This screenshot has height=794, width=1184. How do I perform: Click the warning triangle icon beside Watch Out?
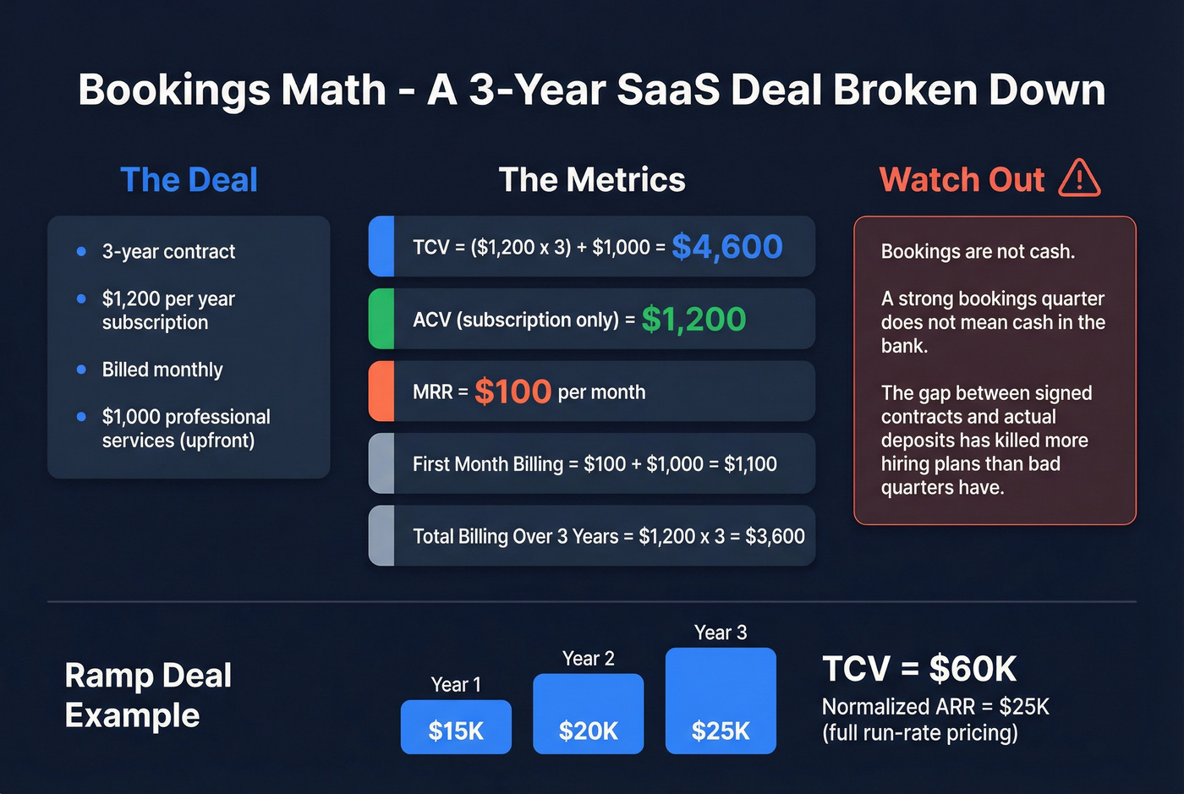pyautogui.click(x=1079, y=178)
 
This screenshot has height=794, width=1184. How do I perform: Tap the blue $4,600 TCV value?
pyautogui.click(x=727, y=247)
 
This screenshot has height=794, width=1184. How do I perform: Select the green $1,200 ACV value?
pyautogui.click(x=693, y=320)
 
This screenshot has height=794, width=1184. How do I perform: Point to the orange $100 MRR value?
pyautogui.click(x=513, y=392)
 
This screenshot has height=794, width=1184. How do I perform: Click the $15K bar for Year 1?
pyautogui.click(x=456, y=726)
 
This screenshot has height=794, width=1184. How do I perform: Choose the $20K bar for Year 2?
pyautogui.click(x=588, y=714)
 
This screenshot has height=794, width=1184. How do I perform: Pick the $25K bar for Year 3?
pyautogui.click(x=721, y=701)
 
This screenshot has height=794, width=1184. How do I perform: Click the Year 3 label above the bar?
pyautogui.click(x=721, y=632)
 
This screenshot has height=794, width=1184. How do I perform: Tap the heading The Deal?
pyautogui.click(x=189, y=180)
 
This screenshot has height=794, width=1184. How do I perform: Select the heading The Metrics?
pyautogui.click(x=592, y=180)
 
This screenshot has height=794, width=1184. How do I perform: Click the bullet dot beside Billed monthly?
pyautogui.click(x=81, y=370)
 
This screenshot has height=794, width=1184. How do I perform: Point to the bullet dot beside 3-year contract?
pyautogui.click(x=81, y=251)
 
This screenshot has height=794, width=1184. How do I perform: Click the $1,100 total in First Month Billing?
pyautogui.click(x=750, y=464)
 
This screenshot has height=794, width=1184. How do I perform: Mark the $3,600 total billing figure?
pyautogui.click(x=775, y=536)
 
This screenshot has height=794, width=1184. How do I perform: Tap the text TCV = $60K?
pyautogui.click(x=919, y=669)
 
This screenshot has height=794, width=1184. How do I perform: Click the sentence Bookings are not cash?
pyautogui.click(x=978, y=251)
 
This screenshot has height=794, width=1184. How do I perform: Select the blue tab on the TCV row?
pyautogui.click(x=381, y=246)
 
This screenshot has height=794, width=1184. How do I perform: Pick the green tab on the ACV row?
pyautogui.click(x=381, y=319)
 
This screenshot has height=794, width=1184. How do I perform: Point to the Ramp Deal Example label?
pyautogui.click(x=148, y=695)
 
